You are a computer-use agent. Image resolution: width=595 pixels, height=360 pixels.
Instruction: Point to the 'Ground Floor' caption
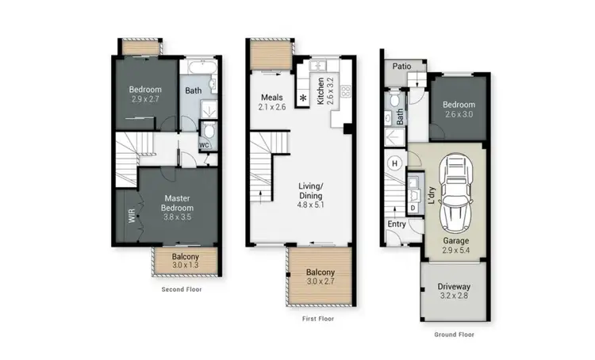coord(454,335)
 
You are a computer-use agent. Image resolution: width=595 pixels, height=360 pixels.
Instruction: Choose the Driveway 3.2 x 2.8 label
coord(454,291)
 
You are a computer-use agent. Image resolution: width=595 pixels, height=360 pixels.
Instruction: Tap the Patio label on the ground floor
coord(401,66)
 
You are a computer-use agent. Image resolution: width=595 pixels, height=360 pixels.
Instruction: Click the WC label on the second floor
coord(203,145)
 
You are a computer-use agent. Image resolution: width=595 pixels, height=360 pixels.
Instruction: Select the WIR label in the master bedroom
coord(132,215)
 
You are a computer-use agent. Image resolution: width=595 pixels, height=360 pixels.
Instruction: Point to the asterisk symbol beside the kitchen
coord(302,98)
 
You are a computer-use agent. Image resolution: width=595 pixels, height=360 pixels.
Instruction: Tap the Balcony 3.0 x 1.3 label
coord(185,262)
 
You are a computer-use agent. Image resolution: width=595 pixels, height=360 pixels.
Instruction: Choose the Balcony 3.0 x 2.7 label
coord(321,278)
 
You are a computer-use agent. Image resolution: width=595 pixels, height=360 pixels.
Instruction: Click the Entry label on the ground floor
coord(397,224)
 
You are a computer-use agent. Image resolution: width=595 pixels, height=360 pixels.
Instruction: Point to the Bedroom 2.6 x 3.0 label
coord(459,109)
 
